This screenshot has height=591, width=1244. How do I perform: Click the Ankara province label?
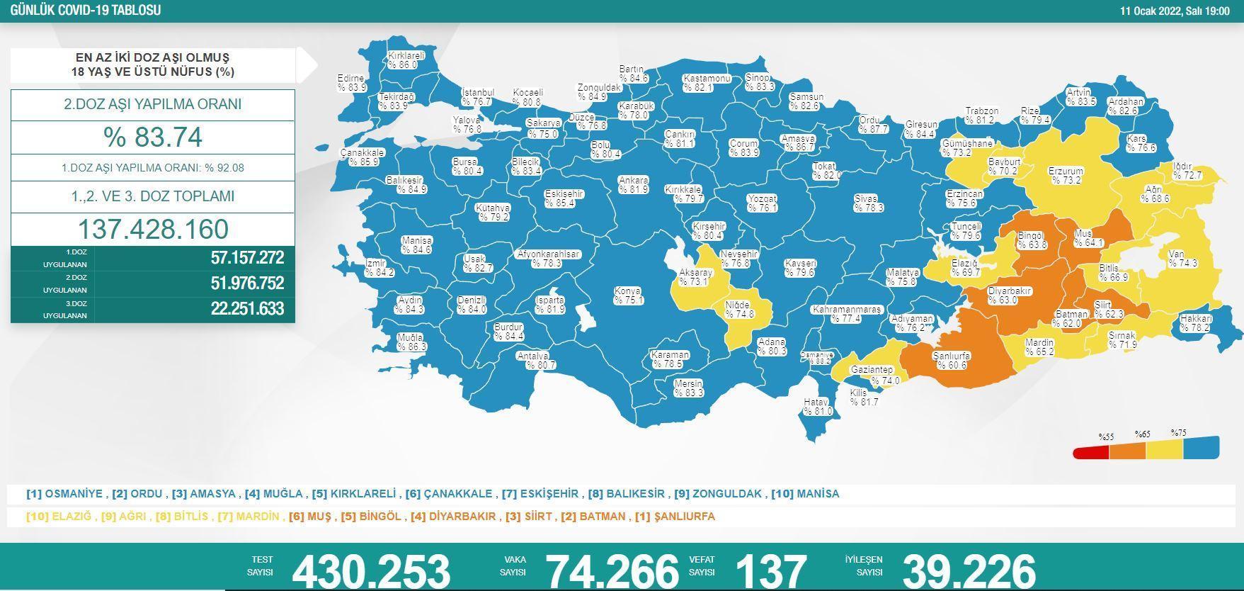point(633,185)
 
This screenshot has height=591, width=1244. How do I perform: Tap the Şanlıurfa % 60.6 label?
point(952,361)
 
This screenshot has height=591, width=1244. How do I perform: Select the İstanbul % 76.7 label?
point(477,97)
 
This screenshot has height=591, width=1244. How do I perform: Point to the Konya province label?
point(628,296)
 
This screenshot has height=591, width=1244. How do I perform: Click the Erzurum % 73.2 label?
point(1066,176)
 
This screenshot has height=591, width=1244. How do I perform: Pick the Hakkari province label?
point(1196,323)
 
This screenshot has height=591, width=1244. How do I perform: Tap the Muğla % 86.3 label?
point(411,342)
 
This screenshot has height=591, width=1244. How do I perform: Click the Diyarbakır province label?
point(1010,295)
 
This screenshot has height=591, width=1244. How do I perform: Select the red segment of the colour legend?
point(1091,452)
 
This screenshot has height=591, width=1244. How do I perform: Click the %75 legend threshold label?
point(1178,433)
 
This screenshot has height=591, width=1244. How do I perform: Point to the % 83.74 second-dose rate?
point(153,137)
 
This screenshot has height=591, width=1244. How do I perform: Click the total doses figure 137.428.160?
point(153,230)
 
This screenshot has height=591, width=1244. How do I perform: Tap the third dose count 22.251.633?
point(247,309)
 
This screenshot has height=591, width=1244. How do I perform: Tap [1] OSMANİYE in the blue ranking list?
point(65,494)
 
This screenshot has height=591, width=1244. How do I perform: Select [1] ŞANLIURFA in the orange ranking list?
point(675,517)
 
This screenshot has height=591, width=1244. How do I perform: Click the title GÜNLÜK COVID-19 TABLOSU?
point(86,11)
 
